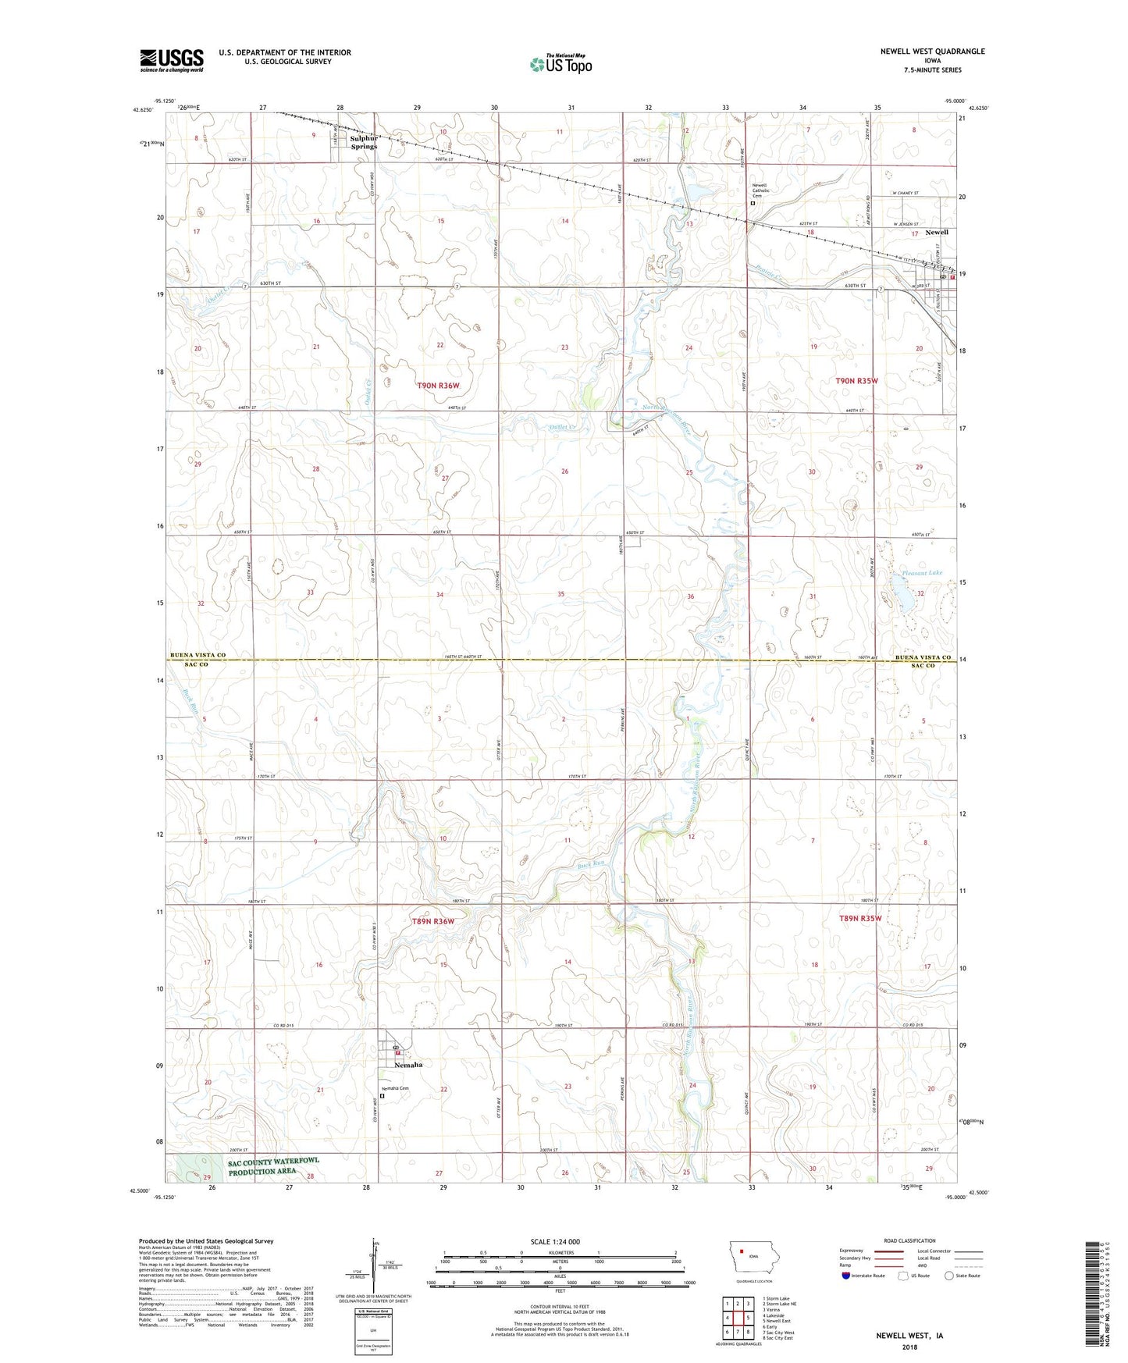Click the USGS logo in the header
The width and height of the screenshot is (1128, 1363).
171,60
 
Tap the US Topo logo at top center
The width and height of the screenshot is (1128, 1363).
560,64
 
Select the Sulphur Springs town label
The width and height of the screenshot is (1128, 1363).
363,142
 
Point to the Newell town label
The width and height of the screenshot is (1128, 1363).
937,233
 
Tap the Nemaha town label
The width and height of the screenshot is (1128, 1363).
407,1065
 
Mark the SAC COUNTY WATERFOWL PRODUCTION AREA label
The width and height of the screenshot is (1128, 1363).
284,1167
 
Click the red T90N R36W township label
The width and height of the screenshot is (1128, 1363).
438,386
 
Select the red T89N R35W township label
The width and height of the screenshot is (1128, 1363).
860,919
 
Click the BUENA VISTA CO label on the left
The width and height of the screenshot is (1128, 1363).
198,655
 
